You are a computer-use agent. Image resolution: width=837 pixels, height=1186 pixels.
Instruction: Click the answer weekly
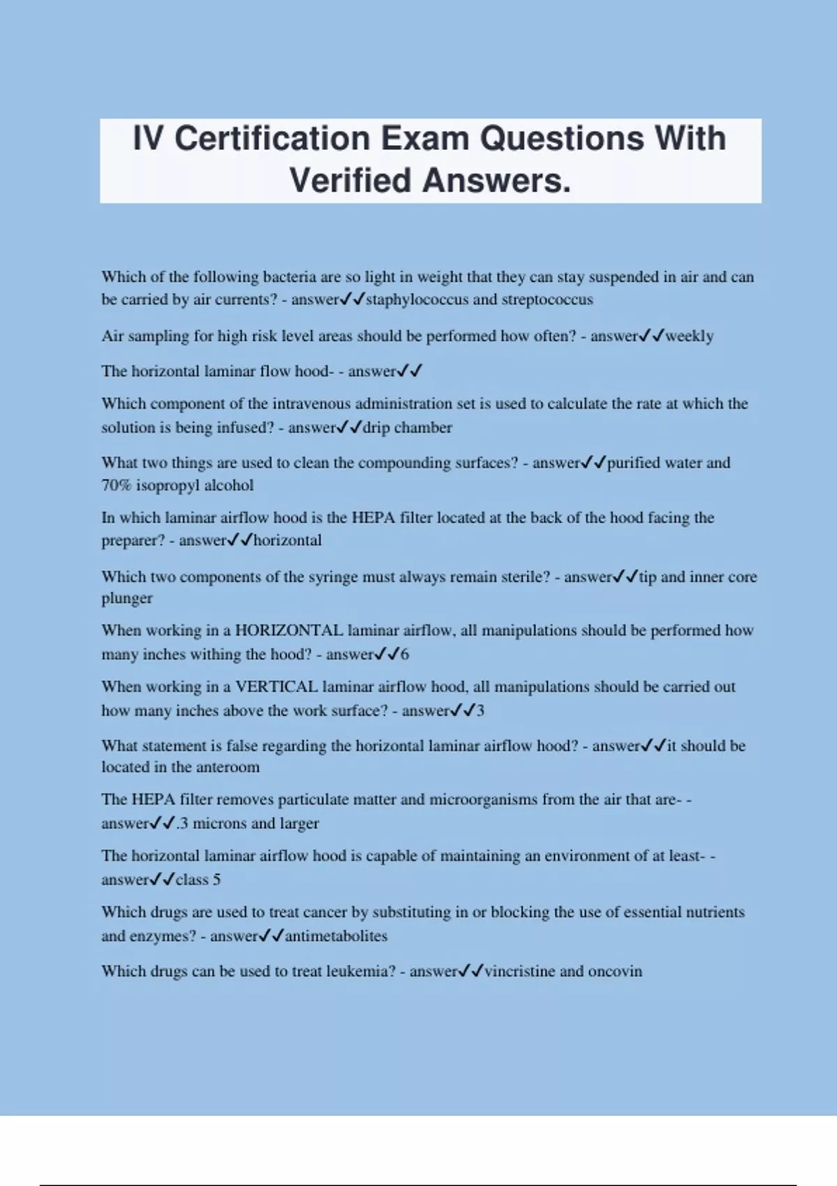click(689, 336)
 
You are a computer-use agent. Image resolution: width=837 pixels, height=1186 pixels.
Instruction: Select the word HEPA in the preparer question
click(373, 518)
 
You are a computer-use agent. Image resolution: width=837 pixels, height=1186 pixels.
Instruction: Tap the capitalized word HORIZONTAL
click(289, 631)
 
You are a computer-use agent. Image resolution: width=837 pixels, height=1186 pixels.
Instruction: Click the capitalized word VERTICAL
click(276, 687)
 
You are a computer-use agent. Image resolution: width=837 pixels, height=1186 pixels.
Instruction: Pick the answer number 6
click(405, 654)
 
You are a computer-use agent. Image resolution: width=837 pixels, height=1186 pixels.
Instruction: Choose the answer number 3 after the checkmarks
click(480, 711)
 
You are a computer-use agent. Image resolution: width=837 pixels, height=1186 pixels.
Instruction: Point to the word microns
click(219, 824)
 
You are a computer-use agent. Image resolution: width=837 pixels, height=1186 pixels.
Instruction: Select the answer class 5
click(198, 880)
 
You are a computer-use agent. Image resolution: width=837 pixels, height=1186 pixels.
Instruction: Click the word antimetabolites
click(335, 936)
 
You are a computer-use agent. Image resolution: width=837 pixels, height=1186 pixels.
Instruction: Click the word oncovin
click(615, 972)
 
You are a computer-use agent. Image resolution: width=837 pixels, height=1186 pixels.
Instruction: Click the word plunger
click(127, 599)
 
